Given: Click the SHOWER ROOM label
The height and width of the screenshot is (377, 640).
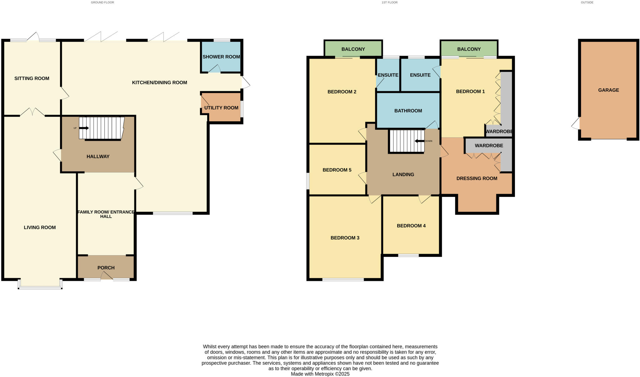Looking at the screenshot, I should coord(221,57).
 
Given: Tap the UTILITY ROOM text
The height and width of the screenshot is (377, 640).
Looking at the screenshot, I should coord(221,108).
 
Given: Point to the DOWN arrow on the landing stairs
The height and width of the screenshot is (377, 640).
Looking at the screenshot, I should coord(419,141).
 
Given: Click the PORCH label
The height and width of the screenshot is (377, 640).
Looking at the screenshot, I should coord(106,268).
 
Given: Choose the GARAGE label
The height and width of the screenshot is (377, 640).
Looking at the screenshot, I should coord(608,90).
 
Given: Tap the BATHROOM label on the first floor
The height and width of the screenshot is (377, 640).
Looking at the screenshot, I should coord(408,111).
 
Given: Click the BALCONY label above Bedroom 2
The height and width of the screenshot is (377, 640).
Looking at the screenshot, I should coord(353,49).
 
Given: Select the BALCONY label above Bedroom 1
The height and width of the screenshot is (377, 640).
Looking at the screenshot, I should coord(469,49).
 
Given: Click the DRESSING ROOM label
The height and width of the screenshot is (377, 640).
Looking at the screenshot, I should coord(477,178).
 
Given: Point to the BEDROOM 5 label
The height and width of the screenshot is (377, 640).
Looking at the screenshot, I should coord(337,170).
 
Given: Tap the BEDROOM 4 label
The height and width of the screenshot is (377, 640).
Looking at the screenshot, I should coord(411,226).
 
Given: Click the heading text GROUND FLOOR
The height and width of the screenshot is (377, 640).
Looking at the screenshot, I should coord(102,3).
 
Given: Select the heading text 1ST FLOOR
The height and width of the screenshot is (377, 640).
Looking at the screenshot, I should coord(389,3).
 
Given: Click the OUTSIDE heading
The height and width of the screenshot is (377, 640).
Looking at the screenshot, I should coord(587,3).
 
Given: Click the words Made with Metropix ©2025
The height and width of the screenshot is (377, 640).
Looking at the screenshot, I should coord(320,374).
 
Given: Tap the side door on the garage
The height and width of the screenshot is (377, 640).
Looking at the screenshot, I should coord(576,123).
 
